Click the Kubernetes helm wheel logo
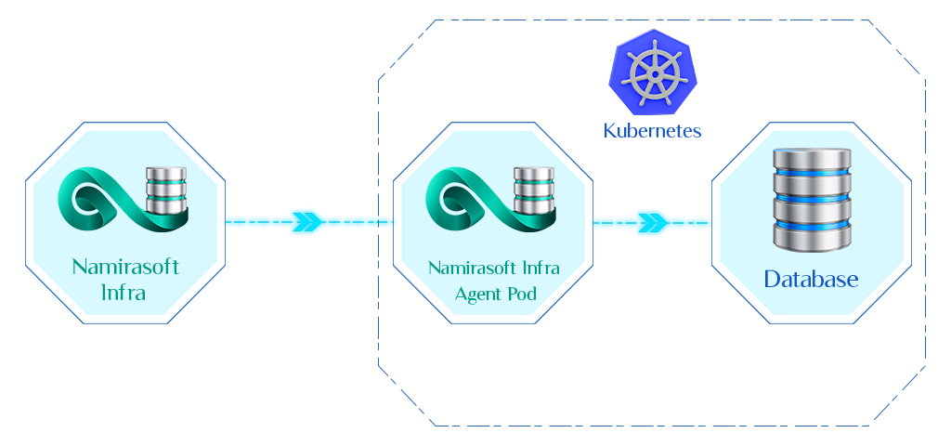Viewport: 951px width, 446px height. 653,72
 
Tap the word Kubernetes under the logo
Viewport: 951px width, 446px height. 653,130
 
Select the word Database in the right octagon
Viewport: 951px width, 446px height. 811,279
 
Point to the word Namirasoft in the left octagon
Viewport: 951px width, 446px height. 125,268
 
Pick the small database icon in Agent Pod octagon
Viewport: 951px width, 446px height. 533,189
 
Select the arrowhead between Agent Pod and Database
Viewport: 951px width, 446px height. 653,223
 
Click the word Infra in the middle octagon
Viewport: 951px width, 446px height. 540,269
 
